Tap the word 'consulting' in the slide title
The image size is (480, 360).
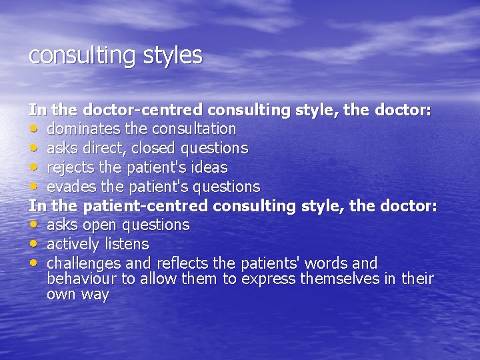[x=80, y=56]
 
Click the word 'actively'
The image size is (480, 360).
[x=73, y=245]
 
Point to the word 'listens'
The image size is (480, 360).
[x=126, y=245]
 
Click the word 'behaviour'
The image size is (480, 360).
[x=80, y=279]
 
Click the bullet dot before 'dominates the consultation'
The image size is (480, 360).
[x=33, y=128]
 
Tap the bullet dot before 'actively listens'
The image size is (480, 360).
[x=33, y=244]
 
